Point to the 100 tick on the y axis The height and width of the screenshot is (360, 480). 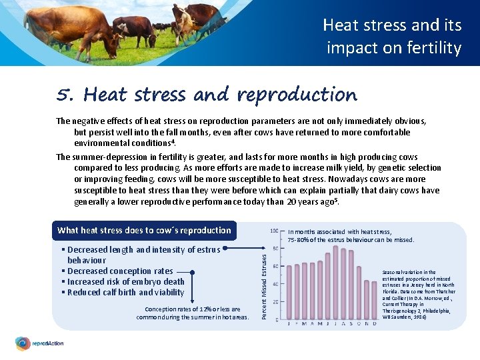274,231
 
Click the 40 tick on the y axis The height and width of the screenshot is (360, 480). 275,284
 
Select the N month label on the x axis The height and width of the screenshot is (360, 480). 367,324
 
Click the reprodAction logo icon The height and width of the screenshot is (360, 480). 23,344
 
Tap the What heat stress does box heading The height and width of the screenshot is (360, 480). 144,231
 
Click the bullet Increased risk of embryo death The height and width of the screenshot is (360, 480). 125,281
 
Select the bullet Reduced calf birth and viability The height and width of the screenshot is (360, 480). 125,292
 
